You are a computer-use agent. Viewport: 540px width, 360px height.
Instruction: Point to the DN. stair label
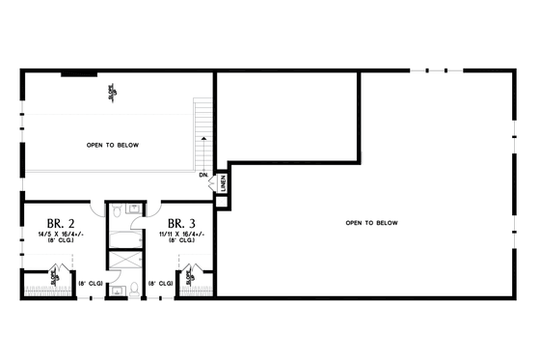[203, 176]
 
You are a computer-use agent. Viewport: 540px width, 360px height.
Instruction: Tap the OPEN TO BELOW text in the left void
[112, 145]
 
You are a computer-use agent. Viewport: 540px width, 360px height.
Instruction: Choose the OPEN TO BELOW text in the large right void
[371, 223]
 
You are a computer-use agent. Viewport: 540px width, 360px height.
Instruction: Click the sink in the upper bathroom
[133, 208]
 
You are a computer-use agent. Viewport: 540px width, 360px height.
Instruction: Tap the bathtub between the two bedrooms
[123, 235]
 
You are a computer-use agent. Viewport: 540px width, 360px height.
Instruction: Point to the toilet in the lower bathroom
[134, 288]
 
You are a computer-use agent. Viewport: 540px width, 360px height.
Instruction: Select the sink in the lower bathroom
[116, 287]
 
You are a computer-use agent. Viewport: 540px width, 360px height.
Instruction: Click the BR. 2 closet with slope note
[46, 282]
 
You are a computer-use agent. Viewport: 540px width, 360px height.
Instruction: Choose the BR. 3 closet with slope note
[196, 282]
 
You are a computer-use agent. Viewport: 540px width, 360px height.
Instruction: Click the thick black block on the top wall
[75, 72]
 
